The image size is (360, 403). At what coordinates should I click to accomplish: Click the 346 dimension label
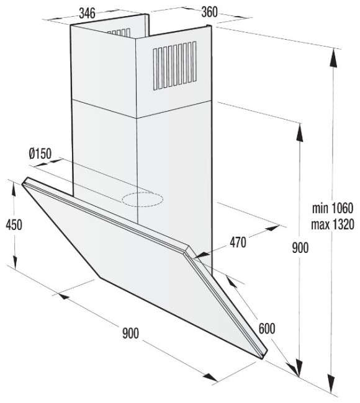(x=88, y=13)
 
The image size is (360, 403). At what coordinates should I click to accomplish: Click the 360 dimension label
(x=209, y=12)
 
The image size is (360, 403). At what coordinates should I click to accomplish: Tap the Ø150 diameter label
(x=40, y=153)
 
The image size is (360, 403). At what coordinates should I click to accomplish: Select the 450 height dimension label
(x=14, y=225)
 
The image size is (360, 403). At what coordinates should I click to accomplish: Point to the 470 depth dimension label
(x=238, y=242)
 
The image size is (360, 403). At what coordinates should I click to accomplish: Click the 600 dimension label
(x=267, y=328)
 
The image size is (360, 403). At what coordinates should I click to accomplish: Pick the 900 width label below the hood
(x=131, y=334)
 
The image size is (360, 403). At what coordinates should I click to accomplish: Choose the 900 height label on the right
(x=300, y=248)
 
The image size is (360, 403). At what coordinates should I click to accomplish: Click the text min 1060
(x=333, y=208)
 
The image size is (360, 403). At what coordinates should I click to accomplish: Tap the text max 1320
(x=333, y=224)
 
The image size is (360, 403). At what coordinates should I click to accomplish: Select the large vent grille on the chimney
(x=175, y=66)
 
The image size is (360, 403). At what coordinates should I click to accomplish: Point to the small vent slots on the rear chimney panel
(x=119, y=32)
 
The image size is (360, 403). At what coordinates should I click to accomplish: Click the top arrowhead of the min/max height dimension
(x=333, y=57)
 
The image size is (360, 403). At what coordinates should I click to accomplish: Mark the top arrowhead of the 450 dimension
(x=14, y=190)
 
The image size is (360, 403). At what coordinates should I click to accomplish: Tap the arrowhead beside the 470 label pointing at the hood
(x=202, y=254)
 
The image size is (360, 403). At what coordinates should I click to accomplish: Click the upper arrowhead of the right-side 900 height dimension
(x=299, y=132)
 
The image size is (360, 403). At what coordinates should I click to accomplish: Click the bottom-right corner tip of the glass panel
(x=263, y=358)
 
